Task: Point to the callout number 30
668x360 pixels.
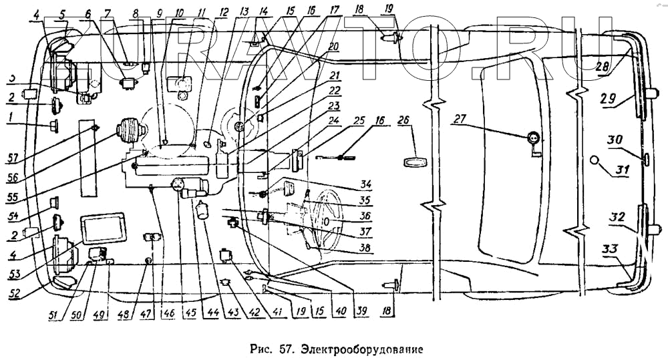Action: tap(615, 140)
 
